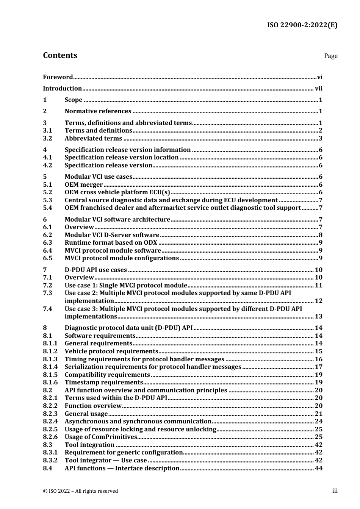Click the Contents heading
click(x=60, y=55)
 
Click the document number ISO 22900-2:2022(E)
click(x=302, y=25)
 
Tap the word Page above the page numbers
click(x=330, y=56)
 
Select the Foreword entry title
click(x=58, y=77)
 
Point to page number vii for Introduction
click(x=319, y=89)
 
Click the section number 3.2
click(x=47, y=139)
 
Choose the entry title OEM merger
click(x=83, y=185)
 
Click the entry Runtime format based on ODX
click(x=111, y=243)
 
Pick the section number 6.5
click(x=47, y=258)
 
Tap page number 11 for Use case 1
click(x=319, y=286)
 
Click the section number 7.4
click(x=47, y=309)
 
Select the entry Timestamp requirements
click(x=103, y=383)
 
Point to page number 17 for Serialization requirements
click(x=319, y=367)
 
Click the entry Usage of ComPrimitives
click(x=101, y=437)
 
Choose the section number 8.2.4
click(x=50, y=422)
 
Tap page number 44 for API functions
click(x=319, y=468)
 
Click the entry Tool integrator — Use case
click(x=106, y=461)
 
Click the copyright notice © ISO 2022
click(x=80, y=491)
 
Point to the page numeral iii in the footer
click(x=335, y=491)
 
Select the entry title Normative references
click(x=98, y=111)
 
